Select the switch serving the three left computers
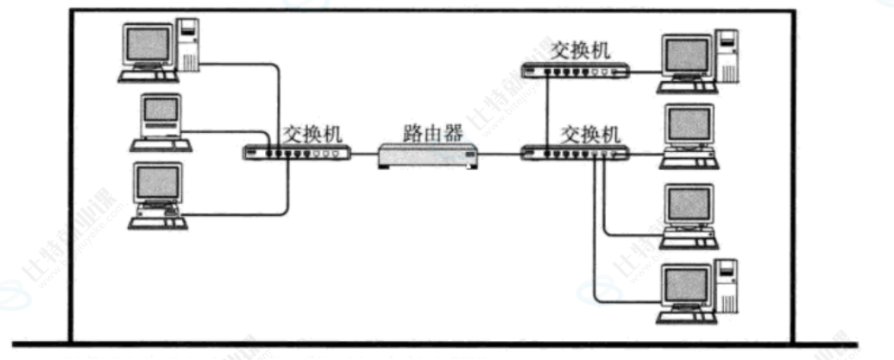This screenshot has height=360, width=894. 297,154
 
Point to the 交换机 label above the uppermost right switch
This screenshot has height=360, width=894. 581,48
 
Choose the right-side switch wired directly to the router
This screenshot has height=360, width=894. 574,154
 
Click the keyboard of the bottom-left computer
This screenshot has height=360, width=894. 158,224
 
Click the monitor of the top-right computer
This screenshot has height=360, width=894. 687,57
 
